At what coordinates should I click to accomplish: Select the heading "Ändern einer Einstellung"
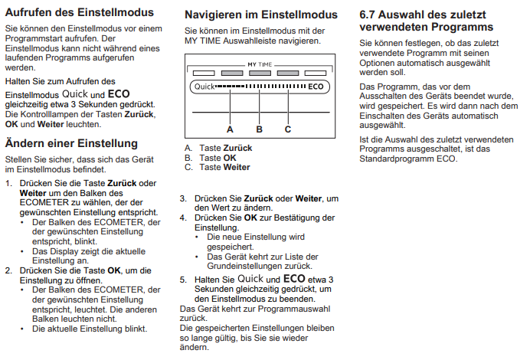click(x=71, y=143)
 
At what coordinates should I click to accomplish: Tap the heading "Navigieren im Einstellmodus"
click(x=260, y=15)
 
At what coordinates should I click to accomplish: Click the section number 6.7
click(x=371, y=15)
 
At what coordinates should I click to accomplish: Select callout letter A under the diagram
click(x=230, y=129)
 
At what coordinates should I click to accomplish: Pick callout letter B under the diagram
click(x=258, y=129)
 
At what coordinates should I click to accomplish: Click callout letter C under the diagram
click(x=288, y=129)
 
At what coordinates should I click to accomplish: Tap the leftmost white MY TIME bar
click(x=203, y=74)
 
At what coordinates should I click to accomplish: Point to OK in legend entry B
click(x=229, y=158)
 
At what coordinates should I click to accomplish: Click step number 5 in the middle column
click(x=183, y=280)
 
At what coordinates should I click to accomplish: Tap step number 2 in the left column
click(x=8, y=270)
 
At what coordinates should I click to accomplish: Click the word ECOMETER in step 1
click(x=43, y=203)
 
